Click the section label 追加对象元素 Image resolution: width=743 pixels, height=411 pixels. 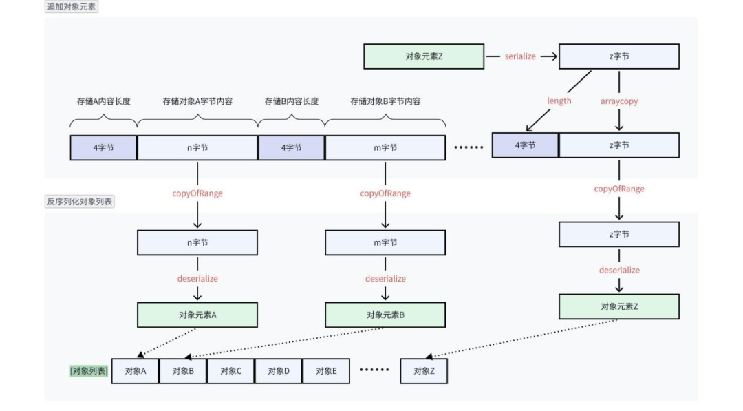[x=72, y=7]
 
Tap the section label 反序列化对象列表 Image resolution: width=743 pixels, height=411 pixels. [x=80, y=202]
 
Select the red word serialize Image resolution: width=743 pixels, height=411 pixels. [x=520, y=56]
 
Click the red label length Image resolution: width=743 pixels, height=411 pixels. [x=559, y=101]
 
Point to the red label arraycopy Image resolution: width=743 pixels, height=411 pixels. [x=619, y=101]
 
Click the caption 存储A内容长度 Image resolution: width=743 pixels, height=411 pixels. [x=103, y=101]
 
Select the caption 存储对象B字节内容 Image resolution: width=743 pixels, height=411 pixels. [x=385, y=101]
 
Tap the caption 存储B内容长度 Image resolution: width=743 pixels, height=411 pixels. [x=292, y=101]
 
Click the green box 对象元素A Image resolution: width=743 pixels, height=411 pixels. [x=197, y=315]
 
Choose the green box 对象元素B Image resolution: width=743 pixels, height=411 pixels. [x=385, y=315]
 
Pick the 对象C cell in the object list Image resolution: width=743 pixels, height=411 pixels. [x=230, y=371]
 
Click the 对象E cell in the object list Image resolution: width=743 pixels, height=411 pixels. [x=326, y=371]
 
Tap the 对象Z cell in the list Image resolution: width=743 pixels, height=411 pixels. [x=424, y=371]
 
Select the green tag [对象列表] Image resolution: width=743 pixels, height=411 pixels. [x=88, y=371]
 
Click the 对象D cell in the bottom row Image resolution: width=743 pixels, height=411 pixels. [x=278, y=371]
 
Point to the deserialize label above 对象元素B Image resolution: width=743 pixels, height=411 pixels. [x=385, y=279]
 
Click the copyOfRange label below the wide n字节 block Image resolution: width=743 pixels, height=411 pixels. [x=197, y=193]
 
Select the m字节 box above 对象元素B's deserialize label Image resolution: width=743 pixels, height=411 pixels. [x=385, y=242]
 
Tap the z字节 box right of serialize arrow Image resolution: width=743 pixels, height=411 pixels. [x=619, y=56]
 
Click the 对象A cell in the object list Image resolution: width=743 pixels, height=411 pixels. [x=135, y=371]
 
